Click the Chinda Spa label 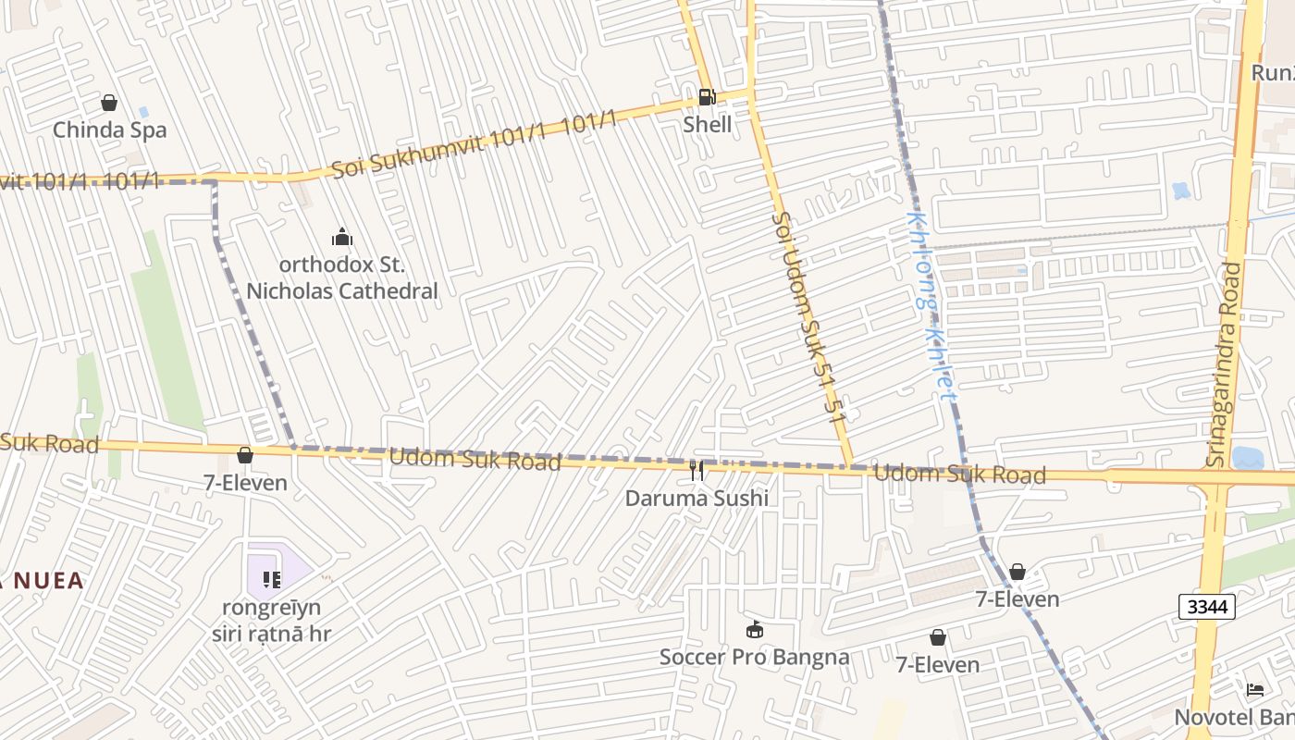[109, 129]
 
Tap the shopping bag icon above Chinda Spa [109, 103]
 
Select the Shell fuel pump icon [707, 96]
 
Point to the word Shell [707, 124]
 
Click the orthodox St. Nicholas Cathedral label [341, 277]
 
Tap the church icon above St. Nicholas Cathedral [342, 238]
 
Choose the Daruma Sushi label [697, 498]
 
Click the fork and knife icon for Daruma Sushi [697, 471]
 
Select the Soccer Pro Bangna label [754, 657]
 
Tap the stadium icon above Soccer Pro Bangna [755, 630]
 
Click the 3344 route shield [1208, 607]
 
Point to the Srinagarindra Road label [1222, 364]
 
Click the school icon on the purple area [271, 579]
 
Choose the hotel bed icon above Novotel [1254, 690]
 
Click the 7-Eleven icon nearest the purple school [245, 455]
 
